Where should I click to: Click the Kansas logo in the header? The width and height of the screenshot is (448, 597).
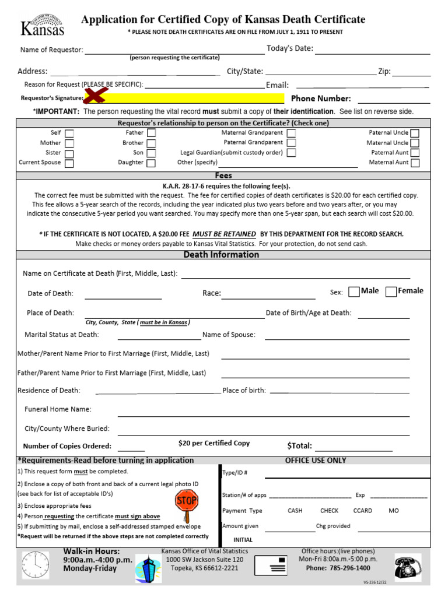[x=42, y=24]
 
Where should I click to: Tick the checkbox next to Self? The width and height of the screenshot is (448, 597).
[x=69, y=133]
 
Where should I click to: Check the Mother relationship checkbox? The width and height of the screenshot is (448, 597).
[x=69, y=143]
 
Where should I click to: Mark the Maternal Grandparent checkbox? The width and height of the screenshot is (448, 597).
[x=291, y=133]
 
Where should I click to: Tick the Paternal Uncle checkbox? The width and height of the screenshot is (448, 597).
[x=414, y=133]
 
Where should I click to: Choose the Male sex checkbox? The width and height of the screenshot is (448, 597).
[x=353, y=292]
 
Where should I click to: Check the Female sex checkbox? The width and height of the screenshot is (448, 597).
[x=391, y=292]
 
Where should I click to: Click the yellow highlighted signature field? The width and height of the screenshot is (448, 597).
[x=192, y=98]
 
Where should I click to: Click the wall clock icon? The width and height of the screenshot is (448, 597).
[x=36, y=565]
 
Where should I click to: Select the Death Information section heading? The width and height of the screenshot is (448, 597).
[x=221, y=255]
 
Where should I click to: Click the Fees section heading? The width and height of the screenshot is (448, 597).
[x=223, y=175]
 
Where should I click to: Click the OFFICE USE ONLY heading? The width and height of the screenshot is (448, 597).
[x=316, y=460]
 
